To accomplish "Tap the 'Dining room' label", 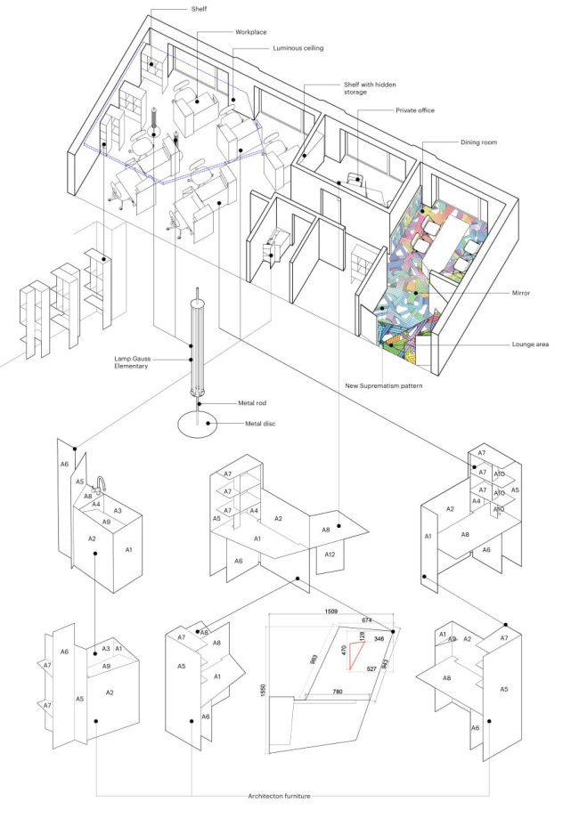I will (480, 142).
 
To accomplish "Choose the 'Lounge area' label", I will (534, 344).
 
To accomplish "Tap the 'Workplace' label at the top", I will (251, 31).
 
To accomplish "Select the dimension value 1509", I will (330, 612).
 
